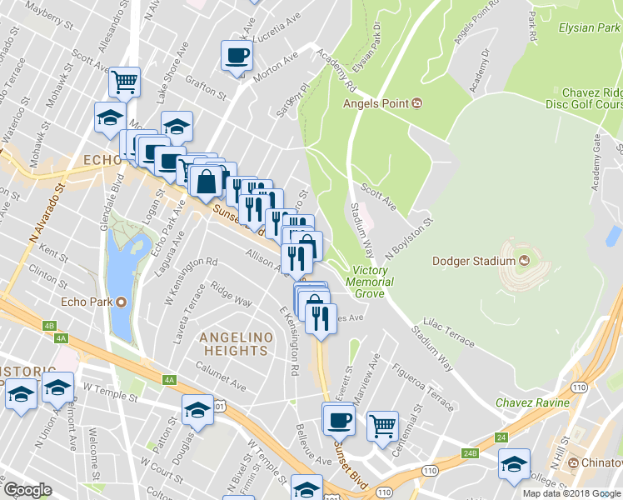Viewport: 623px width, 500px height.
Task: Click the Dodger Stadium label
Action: tap(474, 261)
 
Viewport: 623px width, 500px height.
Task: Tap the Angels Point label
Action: tap(376, 103)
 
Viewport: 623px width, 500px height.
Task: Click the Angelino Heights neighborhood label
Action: tap(235, 343)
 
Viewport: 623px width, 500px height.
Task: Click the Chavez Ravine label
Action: tap(531, 402)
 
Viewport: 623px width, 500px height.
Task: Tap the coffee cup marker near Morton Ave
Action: tap(237, 56)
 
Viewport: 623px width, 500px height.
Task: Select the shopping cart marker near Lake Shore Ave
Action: tap(124, 82)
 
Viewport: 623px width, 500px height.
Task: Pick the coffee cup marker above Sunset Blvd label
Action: tap(338, 419)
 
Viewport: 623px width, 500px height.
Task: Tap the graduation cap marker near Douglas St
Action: tap(197, 409)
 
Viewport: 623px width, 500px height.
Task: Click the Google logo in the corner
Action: tap(27, 490)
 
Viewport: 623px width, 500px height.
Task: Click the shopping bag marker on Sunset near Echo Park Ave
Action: tap(205, 179)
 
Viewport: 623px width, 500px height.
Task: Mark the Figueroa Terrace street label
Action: tap(424, 386)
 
